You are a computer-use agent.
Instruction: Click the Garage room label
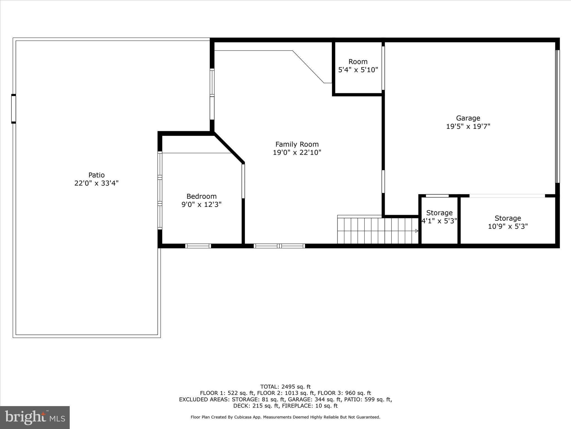click(468, 118)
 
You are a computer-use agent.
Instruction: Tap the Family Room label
click(297, 144)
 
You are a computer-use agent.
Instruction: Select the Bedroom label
click(201, 196)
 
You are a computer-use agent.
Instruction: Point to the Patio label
click(96, 175)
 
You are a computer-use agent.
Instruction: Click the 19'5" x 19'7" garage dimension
click(468, 127)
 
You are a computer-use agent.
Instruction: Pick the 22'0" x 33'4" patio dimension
click(96, 183)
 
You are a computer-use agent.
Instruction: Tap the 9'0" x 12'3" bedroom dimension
click(201, 205)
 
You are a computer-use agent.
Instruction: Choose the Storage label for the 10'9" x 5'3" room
click(508, 218)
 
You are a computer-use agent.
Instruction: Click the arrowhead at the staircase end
click(417, 231)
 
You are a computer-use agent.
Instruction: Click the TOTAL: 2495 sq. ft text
click(285, 387)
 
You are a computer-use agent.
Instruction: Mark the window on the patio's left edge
click(13, 109)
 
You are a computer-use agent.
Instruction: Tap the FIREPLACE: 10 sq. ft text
click(310, 406)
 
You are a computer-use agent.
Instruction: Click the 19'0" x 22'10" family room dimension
click(297, 153)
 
